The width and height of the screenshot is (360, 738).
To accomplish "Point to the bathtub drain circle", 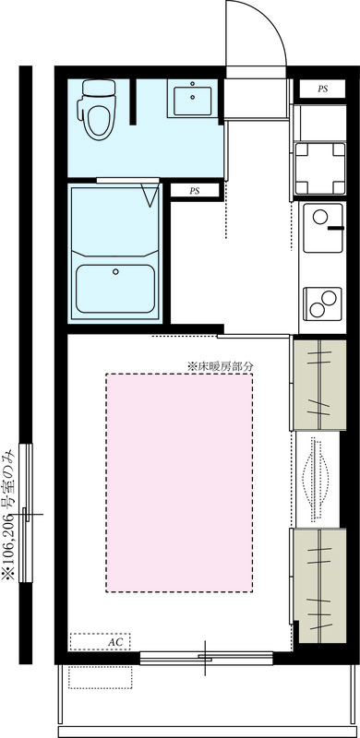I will [x=115, y=271].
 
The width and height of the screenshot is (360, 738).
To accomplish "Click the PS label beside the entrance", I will [x=322, y=89].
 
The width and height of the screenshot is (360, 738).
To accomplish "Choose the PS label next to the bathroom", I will [x=195, y=191].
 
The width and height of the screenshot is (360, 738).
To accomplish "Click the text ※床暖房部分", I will [x=220, y=365].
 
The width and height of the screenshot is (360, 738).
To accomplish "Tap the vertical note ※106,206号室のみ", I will [x=9, y=513].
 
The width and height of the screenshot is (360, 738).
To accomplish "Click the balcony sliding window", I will [x=205, y=658].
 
